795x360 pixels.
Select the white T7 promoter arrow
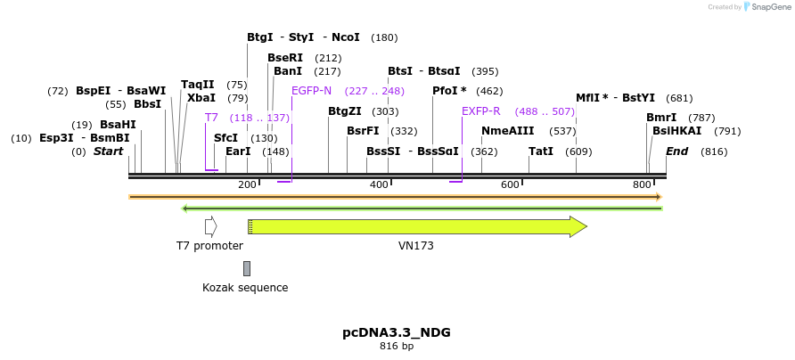pos(210,226)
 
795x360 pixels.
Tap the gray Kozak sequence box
pos(247,268)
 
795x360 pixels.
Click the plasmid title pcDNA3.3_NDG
pos(397,332)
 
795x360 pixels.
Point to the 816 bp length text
pos(397,346)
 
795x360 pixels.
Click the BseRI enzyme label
pos(285,58)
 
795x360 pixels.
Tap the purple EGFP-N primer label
pos(311,91)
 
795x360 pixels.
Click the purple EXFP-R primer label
pos(480,111)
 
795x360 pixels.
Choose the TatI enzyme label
pos(541,151)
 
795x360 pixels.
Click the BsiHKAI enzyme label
pos(676,131)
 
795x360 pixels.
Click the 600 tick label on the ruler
pos(510,184)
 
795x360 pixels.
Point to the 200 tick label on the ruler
pos(247,184)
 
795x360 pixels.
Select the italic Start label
pos(109,151)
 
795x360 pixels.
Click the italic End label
pos(677,151)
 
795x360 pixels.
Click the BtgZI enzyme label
pos(345,111)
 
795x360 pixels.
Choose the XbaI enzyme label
pos(201,98)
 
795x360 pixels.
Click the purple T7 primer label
pos(211,118)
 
